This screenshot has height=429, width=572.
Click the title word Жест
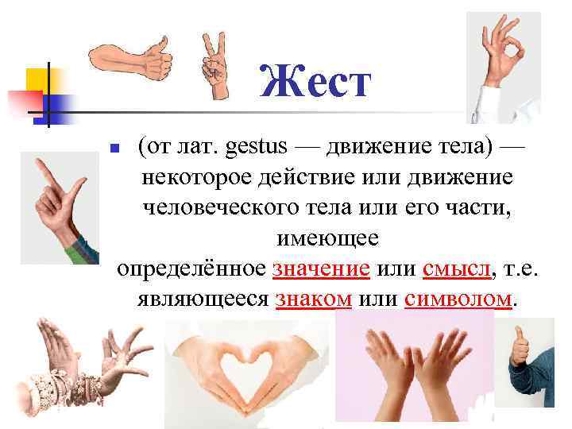[x=315, y=83]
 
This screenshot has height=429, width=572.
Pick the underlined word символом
[x=458, y=300]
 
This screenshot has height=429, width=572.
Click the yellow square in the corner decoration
[x=36, y=79]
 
